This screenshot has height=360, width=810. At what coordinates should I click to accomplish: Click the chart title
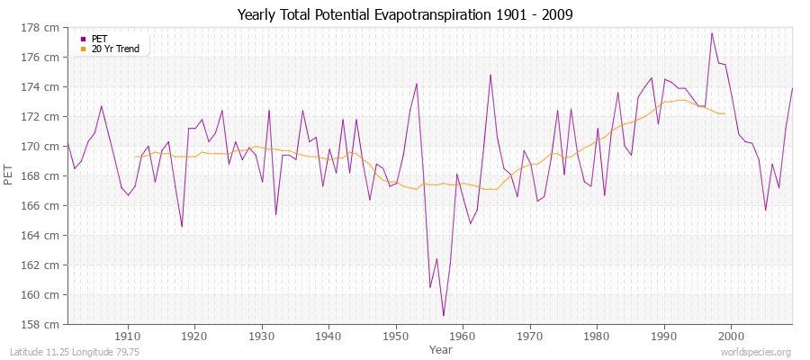(405, 14)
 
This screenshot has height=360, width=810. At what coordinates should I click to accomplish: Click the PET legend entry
(100, 39)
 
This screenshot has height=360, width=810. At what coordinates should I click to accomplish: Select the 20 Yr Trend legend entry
(115, 49)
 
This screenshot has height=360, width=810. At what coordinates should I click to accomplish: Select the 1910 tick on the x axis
(127, 336)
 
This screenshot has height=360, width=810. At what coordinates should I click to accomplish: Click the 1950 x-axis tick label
(396, 336)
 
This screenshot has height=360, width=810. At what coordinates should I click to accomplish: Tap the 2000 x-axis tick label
(731, 336)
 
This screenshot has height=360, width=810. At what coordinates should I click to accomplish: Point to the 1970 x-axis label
(530, 336)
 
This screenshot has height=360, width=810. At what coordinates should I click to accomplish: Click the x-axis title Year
(441, 349)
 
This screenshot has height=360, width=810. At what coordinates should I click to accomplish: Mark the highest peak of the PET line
(712, 33)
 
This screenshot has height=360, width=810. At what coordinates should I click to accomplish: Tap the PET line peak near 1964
(490, 75)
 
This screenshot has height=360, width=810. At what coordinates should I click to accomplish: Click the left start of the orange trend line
(135, 157)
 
